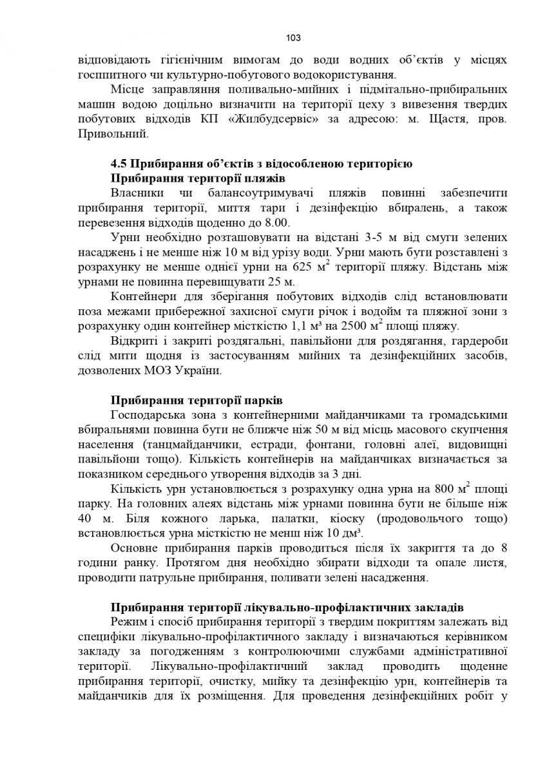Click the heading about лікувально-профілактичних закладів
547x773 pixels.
click(286, 608)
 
